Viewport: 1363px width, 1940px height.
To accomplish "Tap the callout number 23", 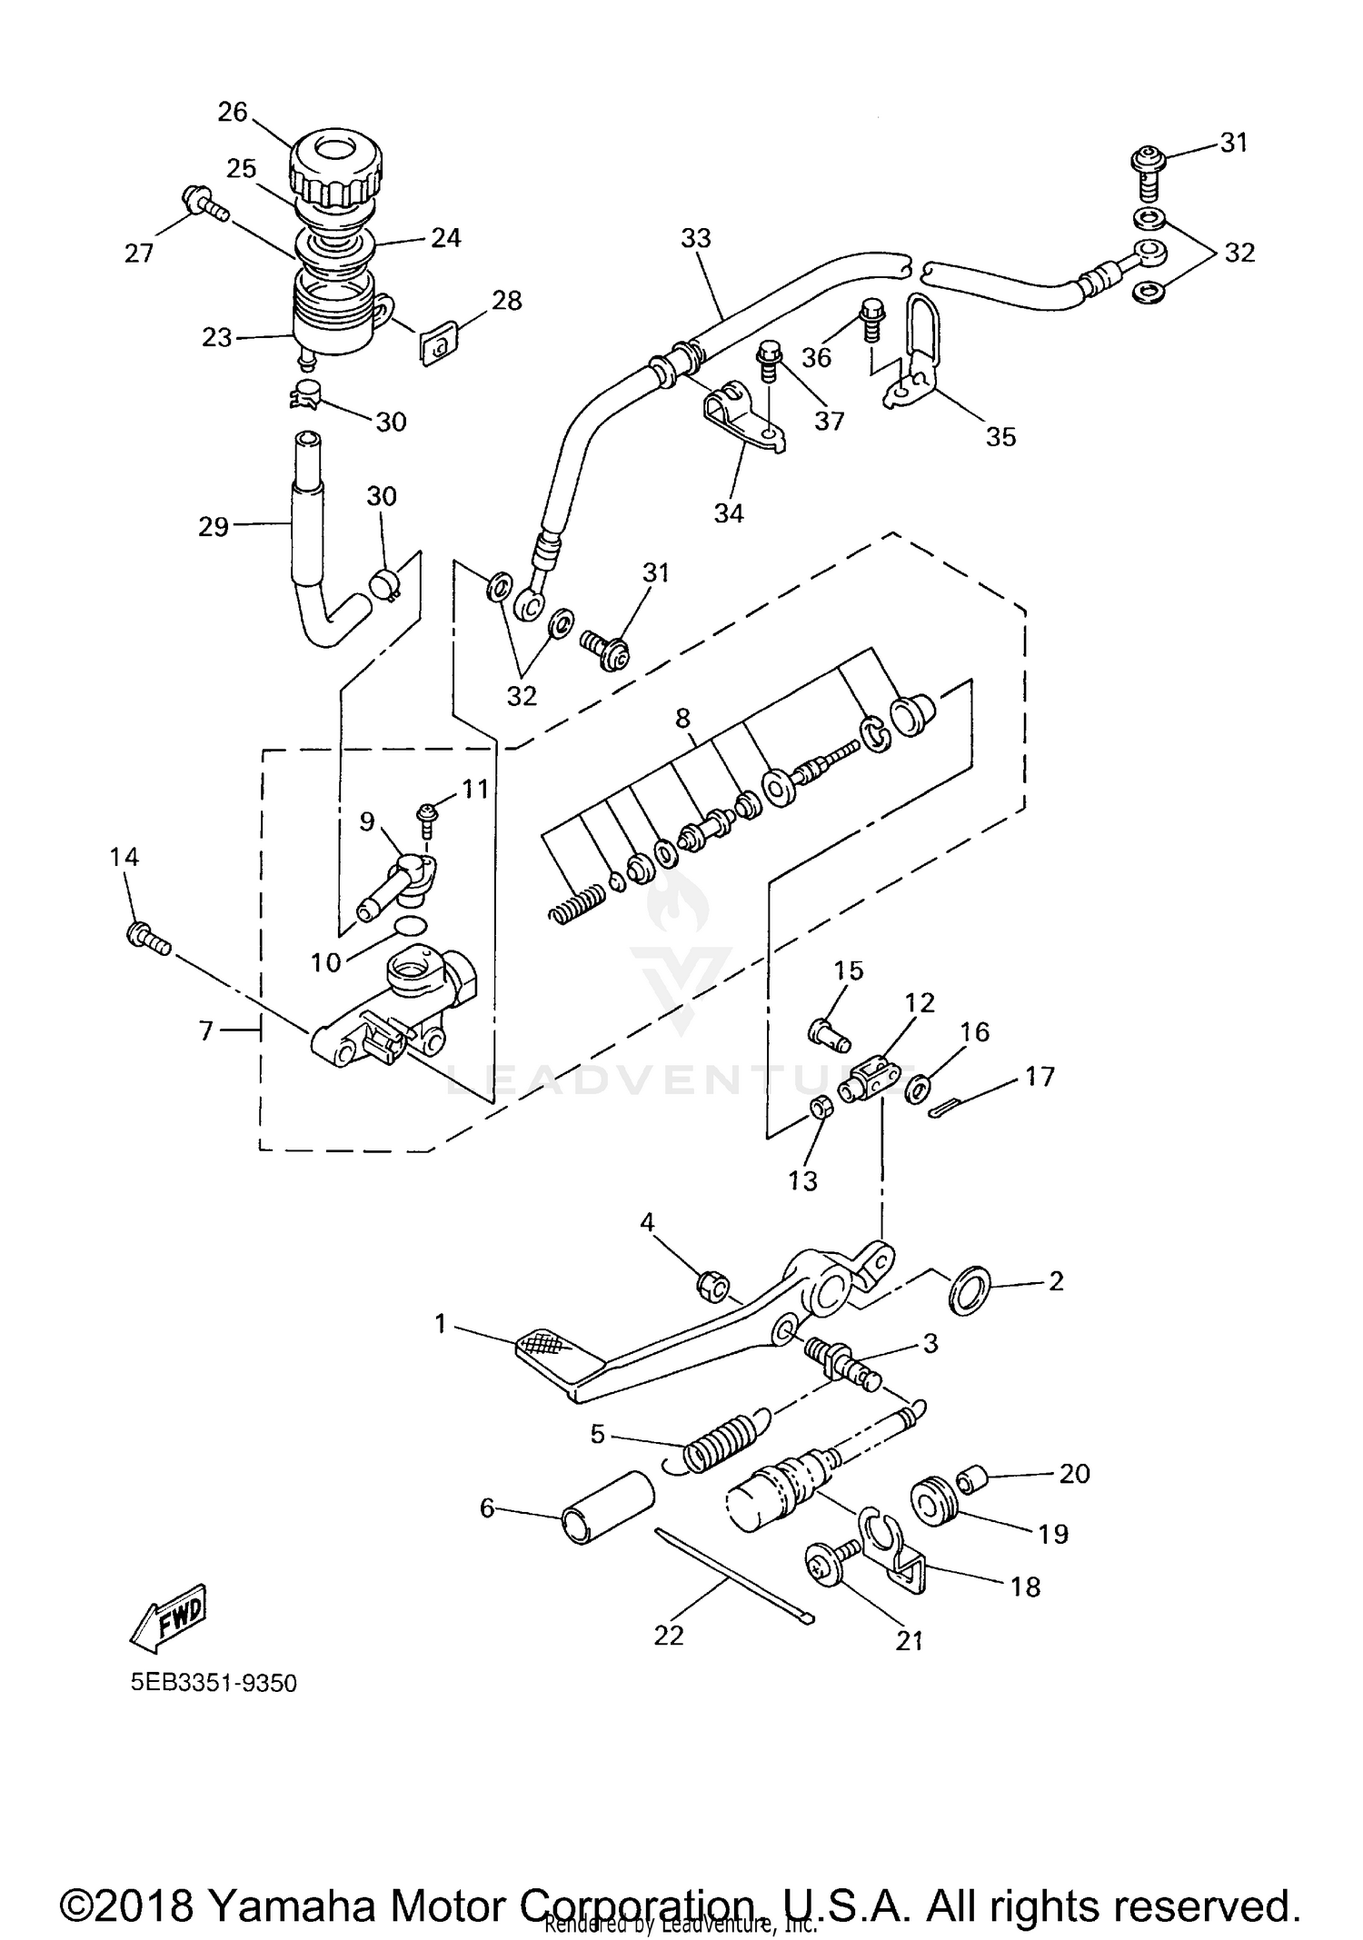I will click(217, 337).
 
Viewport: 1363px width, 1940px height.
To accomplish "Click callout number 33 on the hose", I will click(696, 238).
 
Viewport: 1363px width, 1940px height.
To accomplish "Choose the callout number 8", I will click(682, 718).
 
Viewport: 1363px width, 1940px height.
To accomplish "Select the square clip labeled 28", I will click(437, 344).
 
